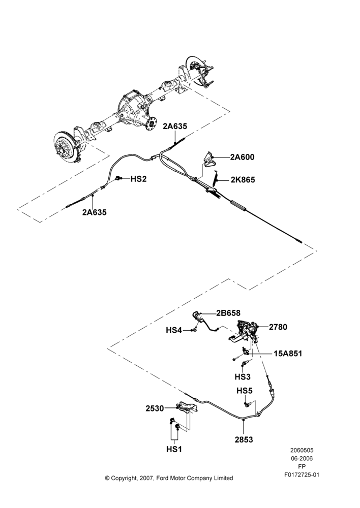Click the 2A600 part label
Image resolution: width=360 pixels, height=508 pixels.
click(242, 157)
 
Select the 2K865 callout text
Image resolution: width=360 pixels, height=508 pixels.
click(243, 180)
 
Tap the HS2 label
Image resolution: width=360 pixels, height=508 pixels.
click(138, 179)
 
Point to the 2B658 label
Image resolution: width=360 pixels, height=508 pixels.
click(229, 313)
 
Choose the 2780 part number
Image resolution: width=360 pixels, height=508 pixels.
click(278, 327)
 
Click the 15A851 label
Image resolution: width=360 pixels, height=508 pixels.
click(288, 354)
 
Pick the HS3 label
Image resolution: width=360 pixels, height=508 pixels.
click(243, 377)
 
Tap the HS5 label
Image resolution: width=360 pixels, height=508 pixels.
click(244, 391)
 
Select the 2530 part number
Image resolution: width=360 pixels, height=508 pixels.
click(155, 408)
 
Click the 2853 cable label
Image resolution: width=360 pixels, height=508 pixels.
click(244, 439)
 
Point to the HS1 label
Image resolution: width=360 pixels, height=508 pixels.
click(174, 450)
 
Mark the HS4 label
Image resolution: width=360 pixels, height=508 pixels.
click(174, 330)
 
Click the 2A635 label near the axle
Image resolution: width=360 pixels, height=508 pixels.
click(175, 126)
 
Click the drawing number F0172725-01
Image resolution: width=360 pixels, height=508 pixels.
click(302, 475)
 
